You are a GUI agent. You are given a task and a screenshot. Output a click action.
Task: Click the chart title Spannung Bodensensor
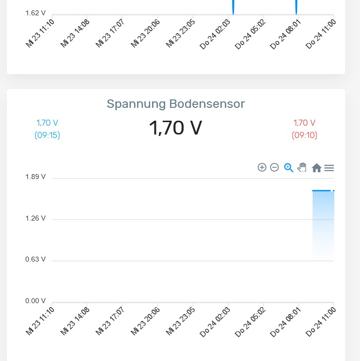pos(176,104)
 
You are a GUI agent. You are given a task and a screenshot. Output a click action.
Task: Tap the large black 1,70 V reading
pos(176,128)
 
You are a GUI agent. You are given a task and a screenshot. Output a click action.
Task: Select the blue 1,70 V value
pos(47,123)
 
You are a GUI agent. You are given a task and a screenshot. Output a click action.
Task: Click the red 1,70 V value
pos(305,123)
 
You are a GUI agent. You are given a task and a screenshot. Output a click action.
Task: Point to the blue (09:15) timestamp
pos(47,135)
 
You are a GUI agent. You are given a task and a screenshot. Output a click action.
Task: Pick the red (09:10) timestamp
pos(305,135)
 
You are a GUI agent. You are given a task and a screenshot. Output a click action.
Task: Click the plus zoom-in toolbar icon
pos(262,168)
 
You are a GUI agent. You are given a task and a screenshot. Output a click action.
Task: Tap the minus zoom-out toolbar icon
pos(274,168)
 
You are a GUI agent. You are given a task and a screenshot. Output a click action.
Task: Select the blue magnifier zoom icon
pos(289,168)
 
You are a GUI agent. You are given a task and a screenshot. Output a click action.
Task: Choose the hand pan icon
pos(302,168)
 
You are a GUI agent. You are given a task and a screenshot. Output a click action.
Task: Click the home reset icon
pos(316,168)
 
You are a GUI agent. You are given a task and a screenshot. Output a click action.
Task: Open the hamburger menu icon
pos(329,168)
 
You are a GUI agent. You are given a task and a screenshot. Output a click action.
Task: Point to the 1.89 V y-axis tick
pos(36,177)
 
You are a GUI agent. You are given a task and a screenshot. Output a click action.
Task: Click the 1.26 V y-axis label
pos(36,218)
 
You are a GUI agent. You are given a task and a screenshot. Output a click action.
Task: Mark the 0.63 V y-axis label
pos(36,259)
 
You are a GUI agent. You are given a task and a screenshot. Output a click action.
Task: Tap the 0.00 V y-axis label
pos(36,301)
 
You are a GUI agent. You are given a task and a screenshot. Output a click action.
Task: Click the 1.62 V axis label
pos(36,13)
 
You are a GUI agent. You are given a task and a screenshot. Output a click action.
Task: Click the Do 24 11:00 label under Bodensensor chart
pos(321,322)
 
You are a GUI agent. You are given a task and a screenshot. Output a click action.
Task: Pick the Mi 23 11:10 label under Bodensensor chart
pos(40,322)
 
